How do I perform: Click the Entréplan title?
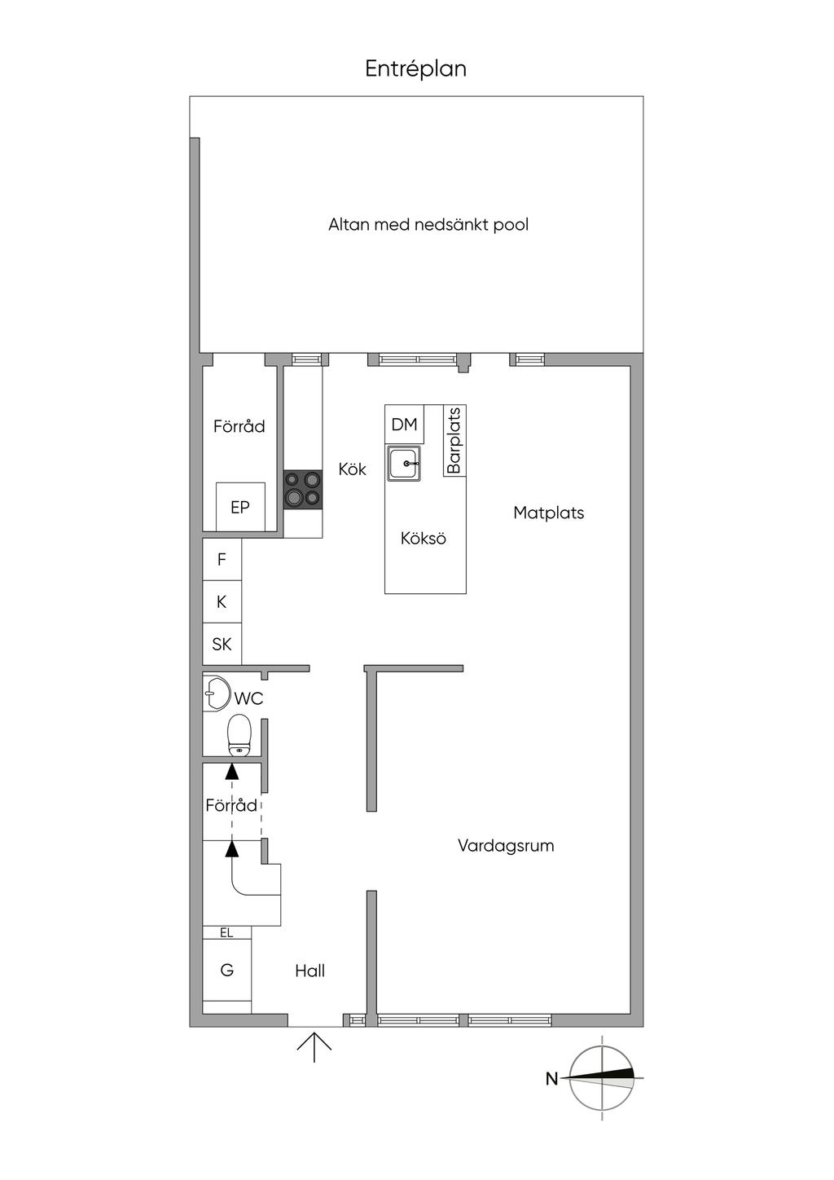415,69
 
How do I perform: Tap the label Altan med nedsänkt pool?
428,224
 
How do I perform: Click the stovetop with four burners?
302,491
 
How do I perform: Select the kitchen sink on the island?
404,464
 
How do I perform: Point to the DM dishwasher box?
404,425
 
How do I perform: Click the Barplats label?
454,441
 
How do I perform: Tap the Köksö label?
424,539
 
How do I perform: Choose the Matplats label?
548,513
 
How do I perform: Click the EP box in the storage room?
239,507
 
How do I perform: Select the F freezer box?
222,560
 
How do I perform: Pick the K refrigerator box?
222,602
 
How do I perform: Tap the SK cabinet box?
222,645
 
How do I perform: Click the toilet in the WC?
239,735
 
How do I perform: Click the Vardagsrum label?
506,845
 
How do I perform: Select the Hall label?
310,971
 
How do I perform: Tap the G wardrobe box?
227,971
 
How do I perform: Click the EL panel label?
226,933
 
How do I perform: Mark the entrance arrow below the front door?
314,1046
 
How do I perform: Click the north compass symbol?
601,1078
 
